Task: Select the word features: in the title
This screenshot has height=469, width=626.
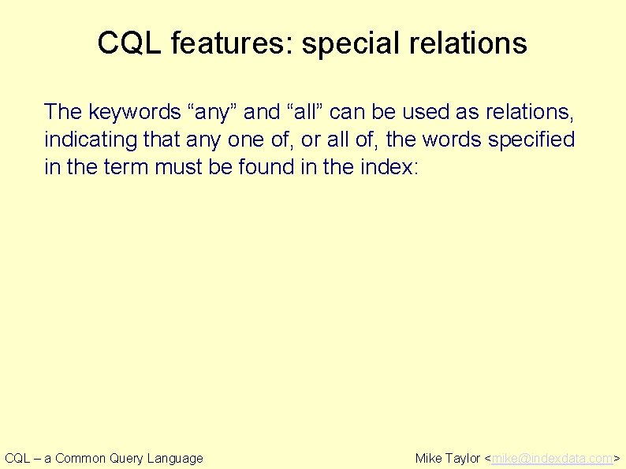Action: pyautogui.click(x=228, y=43)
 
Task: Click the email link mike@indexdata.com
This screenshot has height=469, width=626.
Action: pyautogui.click(x=552, y=458)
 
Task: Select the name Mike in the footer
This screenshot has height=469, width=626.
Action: pyautogui.click(x=429, y=458)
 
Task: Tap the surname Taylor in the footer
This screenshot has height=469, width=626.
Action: pyautogui.click(x=463, y=458)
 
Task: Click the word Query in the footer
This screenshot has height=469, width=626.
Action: pyautogui.click(x=126, y=458)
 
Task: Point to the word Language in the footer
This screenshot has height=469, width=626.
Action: pyautogui.click(x=175, y=458)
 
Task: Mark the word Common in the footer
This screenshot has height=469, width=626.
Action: pyautogui.click(x=81, y=458)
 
